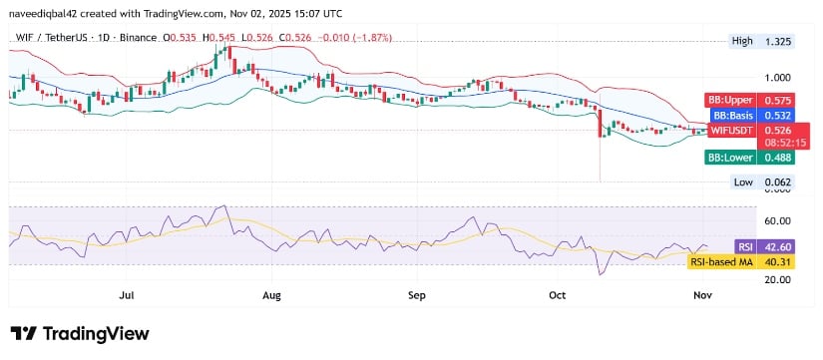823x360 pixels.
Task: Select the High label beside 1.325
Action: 742,42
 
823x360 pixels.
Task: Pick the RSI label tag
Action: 744,246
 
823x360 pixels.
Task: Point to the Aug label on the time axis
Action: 271,296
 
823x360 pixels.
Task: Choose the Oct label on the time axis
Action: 558,296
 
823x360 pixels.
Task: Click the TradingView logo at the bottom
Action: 80,333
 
